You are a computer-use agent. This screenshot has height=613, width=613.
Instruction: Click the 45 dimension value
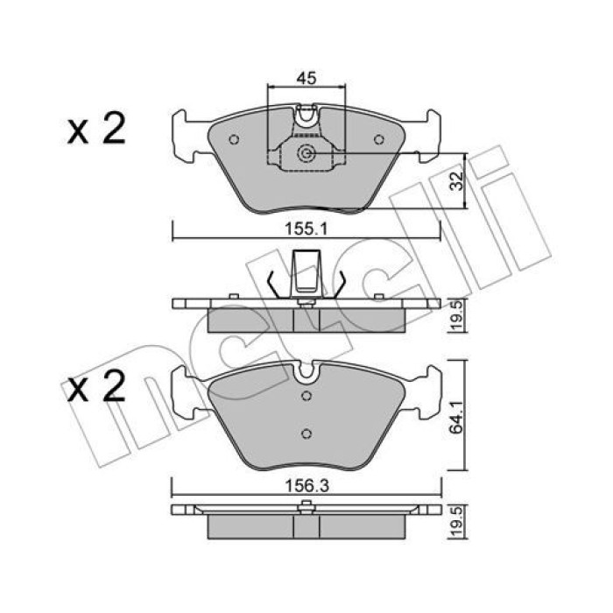(306, 78)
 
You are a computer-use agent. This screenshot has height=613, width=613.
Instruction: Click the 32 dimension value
(456, 180)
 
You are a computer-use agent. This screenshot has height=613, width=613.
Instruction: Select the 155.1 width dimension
(306, 229)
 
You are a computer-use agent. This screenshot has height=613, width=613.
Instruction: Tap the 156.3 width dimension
(306, 486)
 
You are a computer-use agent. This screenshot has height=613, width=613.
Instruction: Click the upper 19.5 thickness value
(456, 315)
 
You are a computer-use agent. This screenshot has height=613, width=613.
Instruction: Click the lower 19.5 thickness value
(456, 521)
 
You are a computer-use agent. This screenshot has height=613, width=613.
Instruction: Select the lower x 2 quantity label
(96, 385)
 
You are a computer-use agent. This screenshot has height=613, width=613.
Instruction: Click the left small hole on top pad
(234, 139)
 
